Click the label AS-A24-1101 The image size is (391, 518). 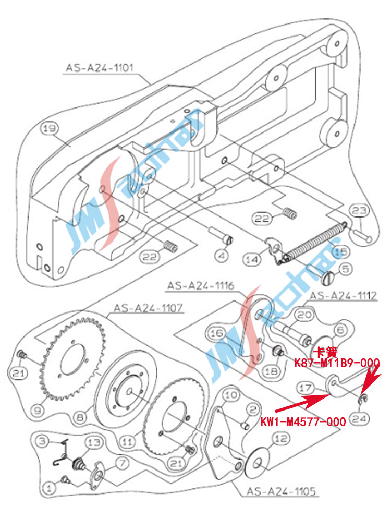[x=100, y=67]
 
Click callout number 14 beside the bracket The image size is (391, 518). [x=252, y=259]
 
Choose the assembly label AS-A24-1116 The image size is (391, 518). [x=200, y=285]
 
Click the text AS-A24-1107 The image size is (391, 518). [x=148, y=308]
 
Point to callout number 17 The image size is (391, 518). [x=306, y=389]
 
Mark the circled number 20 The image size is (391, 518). [x=306, y=315]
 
